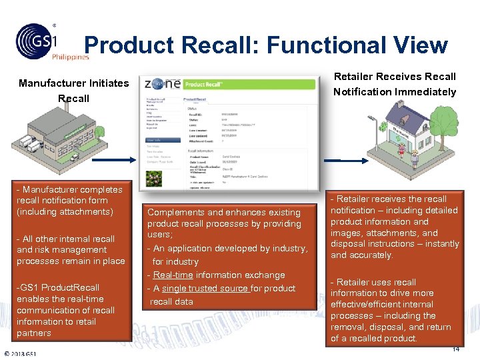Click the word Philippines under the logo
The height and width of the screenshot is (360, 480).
click(70, 57)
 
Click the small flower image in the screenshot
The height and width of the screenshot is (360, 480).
click(155, 178)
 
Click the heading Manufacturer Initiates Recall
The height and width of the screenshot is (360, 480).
click(73, 91)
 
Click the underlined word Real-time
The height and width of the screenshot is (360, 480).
click(172, 275)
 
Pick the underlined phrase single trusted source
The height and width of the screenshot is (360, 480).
click(206, 288)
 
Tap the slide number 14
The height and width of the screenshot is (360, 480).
click(456, 349)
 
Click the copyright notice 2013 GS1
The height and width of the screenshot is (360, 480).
click(22, 353)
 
